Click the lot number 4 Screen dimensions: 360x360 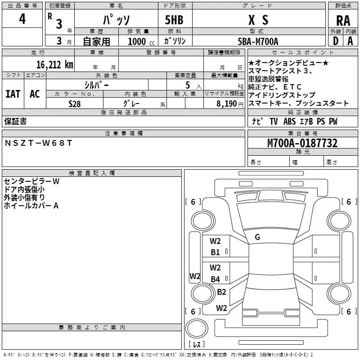[22, 18]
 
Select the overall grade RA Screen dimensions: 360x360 [343, 21]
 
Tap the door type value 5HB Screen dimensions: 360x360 [174, 20]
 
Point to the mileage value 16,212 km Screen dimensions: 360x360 [54, 65]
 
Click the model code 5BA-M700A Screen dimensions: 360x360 [258, 41]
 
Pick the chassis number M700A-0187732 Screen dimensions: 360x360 [302, 143]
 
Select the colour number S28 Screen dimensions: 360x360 [74, 104]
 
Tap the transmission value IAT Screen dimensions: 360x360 [13, 94]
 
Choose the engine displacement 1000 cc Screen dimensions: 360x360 [141, 41]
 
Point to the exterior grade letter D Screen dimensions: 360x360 [335, 41]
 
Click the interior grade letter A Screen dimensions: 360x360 [350, 41]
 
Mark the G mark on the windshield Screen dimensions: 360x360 [257, 237]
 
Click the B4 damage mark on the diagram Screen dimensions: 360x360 [215, 279]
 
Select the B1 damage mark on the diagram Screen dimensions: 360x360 [215, 252]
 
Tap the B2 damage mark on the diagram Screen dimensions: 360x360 [221, 292]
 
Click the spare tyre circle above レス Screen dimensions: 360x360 [197, 328]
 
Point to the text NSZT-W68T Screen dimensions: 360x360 [38, 143]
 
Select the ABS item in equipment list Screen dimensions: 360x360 [289, 121]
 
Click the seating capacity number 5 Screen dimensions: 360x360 [188, 85]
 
